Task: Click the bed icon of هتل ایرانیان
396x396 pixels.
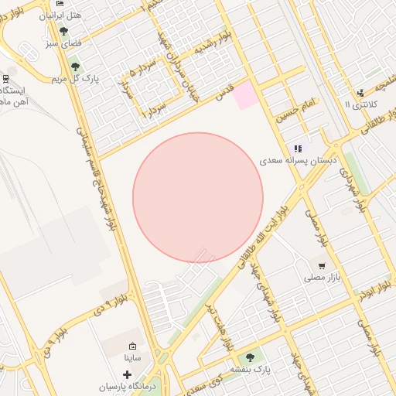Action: (61, 4)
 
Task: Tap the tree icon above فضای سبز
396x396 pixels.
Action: (63, 31)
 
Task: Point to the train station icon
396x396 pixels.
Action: (5, 78)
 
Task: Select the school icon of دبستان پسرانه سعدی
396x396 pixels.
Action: (298, 148)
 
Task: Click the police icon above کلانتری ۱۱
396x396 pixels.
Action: (360, 93)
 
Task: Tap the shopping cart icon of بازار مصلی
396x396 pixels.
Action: (322, 265)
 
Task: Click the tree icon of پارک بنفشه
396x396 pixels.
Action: (249, 358)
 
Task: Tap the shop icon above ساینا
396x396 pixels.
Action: (132, 346)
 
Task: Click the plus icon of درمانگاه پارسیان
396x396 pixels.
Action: (127, 374)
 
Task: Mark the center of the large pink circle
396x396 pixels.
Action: (198, 198)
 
